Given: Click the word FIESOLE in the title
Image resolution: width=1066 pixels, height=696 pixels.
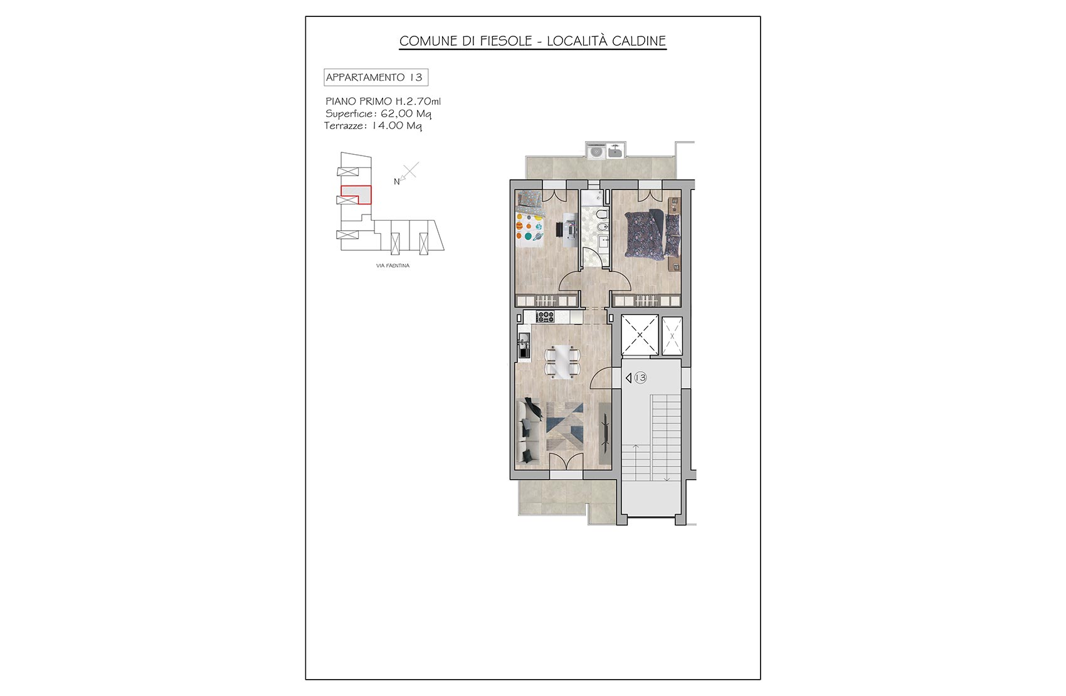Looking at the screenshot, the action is coord(505,41).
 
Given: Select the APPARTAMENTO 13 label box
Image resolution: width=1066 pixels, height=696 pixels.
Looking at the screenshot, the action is coord(376,77).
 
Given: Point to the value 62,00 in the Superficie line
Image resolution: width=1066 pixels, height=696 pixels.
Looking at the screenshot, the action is coord(397,113).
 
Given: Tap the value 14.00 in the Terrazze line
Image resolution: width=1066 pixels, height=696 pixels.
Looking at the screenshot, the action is coord(388,125).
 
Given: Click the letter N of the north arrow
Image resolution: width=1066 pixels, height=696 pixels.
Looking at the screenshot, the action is coord(396,182).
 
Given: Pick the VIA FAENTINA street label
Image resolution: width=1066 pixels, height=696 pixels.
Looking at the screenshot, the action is coord(393,265).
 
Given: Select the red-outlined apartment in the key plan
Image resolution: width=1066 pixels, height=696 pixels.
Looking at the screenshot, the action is coord(356,194).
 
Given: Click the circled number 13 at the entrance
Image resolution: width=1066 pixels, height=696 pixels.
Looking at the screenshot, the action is coord(641,377).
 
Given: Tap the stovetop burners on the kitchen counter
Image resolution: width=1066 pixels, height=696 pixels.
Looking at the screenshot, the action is coord(546,316).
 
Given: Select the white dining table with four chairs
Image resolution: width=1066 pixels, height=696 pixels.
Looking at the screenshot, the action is coord(562,362).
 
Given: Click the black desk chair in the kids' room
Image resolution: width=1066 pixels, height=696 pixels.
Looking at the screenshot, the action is coord(559,229).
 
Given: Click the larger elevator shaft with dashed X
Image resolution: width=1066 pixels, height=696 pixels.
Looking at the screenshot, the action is coord(640,335).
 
